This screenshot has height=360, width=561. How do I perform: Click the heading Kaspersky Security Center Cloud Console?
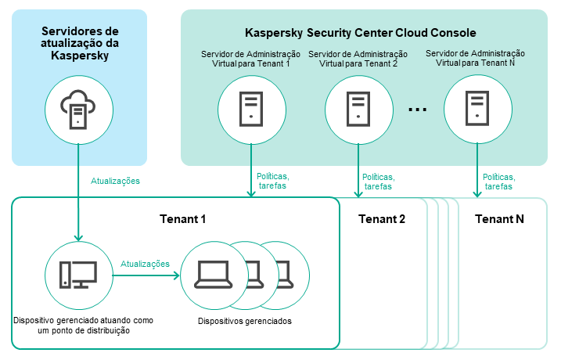click(361, 33)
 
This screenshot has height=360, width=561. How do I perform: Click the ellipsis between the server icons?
click(418, 110)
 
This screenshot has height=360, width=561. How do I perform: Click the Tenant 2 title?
click(382, 219)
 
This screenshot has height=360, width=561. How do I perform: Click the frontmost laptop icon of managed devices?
click(213, 274)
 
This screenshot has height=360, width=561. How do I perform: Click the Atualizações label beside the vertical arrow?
click(115, 181)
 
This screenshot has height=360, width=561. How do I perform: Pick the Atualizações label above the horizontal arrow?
click(145, 265)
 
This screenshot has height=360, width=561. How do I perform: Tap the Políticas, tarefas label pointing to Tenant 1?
click(272, 182)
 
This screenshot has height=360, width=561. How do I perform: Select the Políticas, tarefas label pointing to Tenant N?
click(498, 182)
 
